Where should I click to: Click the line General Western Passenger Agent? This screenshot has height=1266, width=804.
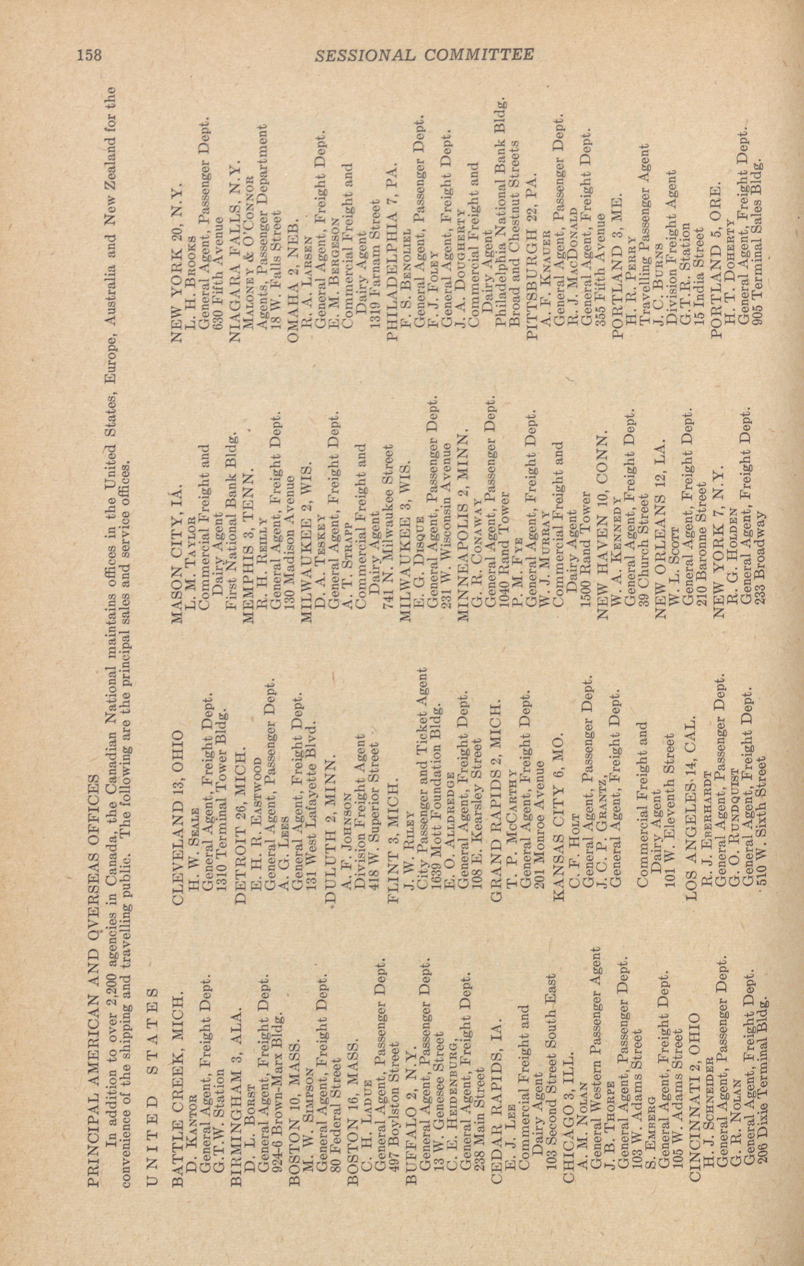pyautogui.click(x=596, y=1036)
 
